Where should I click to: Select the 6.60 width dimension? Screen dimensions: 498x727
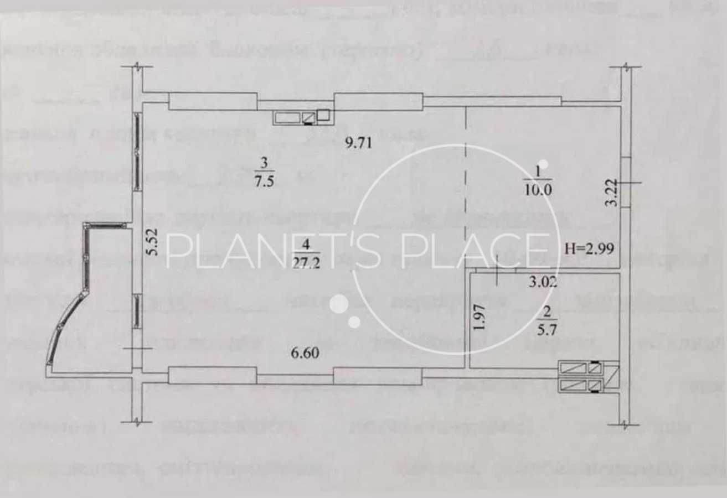[x=305, y=352]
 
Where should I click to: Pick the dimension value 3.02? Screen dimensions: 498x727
[x=542, y=283]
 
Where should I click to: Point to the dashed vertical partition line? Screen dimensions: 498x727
[x=465, y=166]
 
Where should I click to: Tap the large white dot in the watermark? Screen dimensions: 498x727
[x=339, y=303]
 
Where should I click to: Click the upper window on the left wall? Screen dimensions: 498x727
[x=136, y=152]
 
